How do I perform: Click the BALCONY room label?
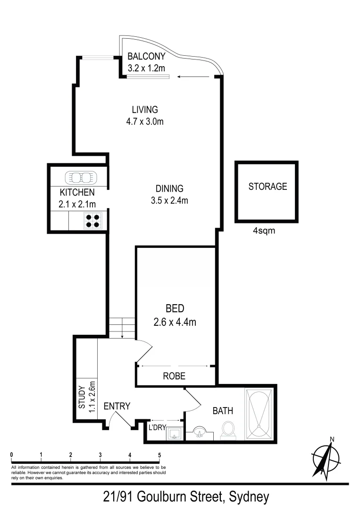[x=146, y=57]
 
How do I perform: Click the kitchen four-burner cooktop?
[x=93, y=221]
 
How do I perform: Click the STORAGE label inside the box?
[x=268, y=186]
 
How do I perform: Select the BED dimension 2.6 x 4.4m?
[x=175, y=323]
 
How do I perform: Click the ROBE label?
[x=174, y=376]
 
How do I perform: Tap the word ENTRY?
[x=117, y=406]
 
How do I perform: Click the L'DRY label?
[x=157, y=428]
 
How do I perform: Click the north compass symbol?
[x=326, y=457]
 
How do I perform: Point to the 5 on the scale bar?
[x=159, y=455]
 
